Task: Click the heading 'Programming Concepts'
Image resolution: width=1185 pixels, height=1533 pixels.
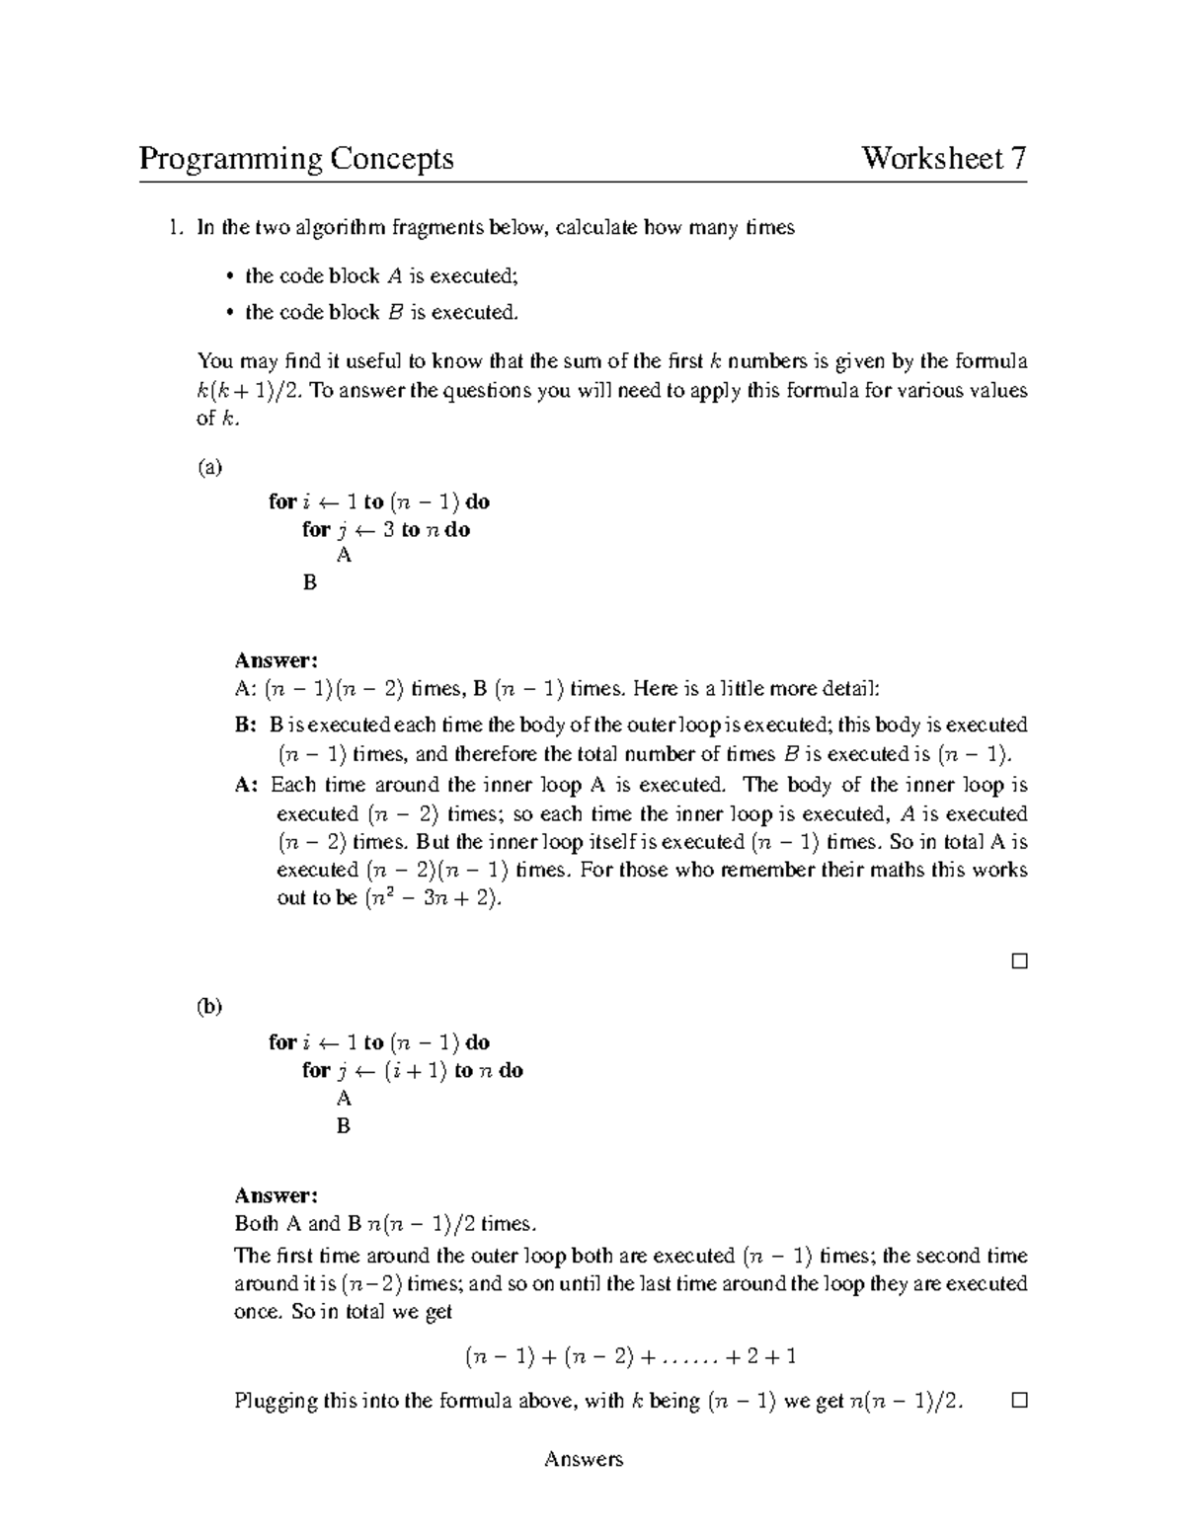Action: click(x=296, y=158)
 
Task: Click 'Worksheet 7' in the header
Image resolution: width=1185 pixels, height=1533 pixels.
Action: click(x=944, y=158)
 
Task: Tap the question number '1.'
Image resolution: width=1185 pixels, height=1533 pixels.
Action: click(x=175, y=228)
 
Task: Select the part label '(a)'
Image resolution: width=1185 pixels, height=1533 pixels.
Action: click(x=210, y=467)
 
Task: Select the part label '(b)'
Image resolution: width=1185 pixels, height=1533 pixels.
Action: click(x=209, y=1007)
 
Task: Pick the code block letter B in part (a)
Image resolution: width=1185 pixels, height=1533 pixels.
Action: click(x=310, y=583)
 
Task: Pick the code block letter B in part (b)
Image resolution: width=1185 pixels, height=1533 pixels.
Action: click(x=344, y=1125)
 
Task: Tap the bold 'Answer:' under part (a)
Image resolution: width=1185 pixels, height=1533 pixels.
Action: click(x=276, y=659)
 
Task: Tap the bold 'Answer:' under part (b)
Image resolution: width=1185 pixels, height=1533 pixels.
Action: click(x=276, y=1195)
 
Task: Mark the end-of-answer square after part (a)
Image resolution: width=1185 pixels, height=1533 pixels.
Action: click(x=1019, y=960)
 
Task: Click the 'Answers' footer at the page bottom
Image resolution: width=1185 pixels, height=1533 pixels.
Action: click(x=584, y=1459)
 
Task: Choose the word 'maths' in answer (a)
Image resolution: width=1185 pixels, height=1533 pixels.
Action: click(x=894, y=871)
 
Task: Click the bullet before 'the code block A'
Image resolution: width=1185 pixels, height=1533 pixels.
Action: click(x=229, y=276)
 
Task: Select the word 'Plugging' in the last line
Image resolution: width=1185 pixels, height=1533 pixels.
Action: click(x=276, y=1401)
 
